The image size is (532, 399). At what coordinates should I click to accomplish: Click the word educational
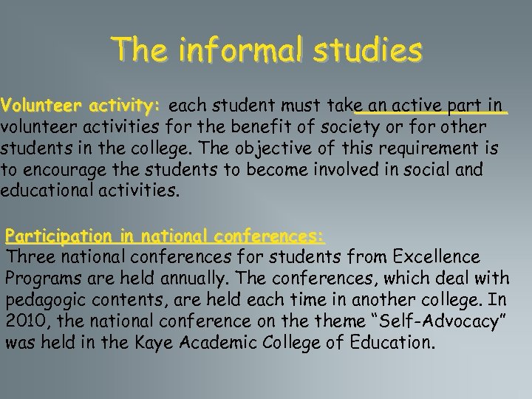click(x=45, y=191)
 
